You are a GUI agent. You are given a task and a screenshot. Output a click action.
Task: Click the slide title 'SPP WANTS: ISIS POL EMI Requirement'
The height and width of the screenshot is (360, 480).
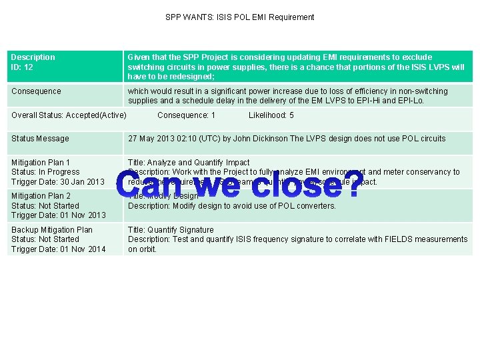(239, 17)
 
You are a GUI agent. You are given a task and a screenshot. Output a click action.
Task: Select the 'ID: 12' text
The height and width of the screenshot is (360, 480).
(23, 67)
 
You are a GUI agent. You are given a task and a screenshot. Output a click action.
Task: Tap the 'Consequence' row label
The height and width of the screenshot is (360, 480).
(36, 91)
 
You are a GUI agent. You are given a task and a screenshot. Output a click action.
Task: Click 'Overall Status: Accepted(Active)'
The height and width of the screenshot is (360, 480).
(69, 115)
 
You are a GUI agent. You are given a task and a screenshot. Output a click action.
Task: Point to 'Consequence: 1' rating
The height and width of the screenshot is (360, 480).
(186, 115)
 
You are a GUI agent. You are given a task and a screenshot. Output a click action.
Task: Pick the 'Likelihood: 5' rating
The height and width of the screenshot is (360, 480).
(271, 115)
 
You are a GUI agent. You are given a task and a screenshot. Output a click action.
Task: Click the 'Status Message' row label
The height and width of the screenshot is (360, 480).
(40, 139)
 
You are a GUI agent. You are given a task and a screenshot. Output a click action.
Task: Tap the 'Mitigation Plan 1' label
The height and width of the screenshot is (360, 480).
(41, 163)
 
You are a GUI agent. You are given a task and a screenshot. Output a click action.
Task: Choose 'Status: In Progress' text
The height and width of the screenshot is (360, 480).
(45, 172)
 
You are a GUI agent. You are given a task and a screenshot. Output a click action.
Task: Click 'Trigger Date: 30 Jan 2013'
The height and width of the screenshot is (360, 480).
(58, 182)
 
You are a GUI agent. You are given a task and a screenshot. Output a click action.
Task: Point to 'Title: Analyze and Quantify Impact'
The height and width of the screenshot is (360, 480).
(189, 163)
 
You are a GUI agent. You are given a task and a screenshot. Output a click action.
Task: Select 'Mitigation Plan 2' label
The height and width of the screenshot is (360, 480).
(41, 196)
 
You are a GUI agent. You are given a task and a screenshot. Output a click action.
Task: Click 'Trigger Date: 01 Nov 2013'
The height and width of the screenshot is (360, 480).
(58, 215)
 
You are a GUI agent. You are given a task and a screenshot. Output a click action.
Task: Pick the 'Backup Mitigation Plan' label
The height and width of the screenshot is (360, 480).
(52, 230)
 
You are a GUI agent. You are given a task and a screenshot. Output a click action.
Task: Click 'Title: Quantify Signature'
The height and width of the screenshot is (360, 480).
(171, 230)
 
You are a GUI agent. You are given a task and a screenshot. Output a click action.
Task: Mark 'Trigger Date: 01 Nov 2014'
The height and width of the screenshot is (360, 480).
(58, 249)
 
